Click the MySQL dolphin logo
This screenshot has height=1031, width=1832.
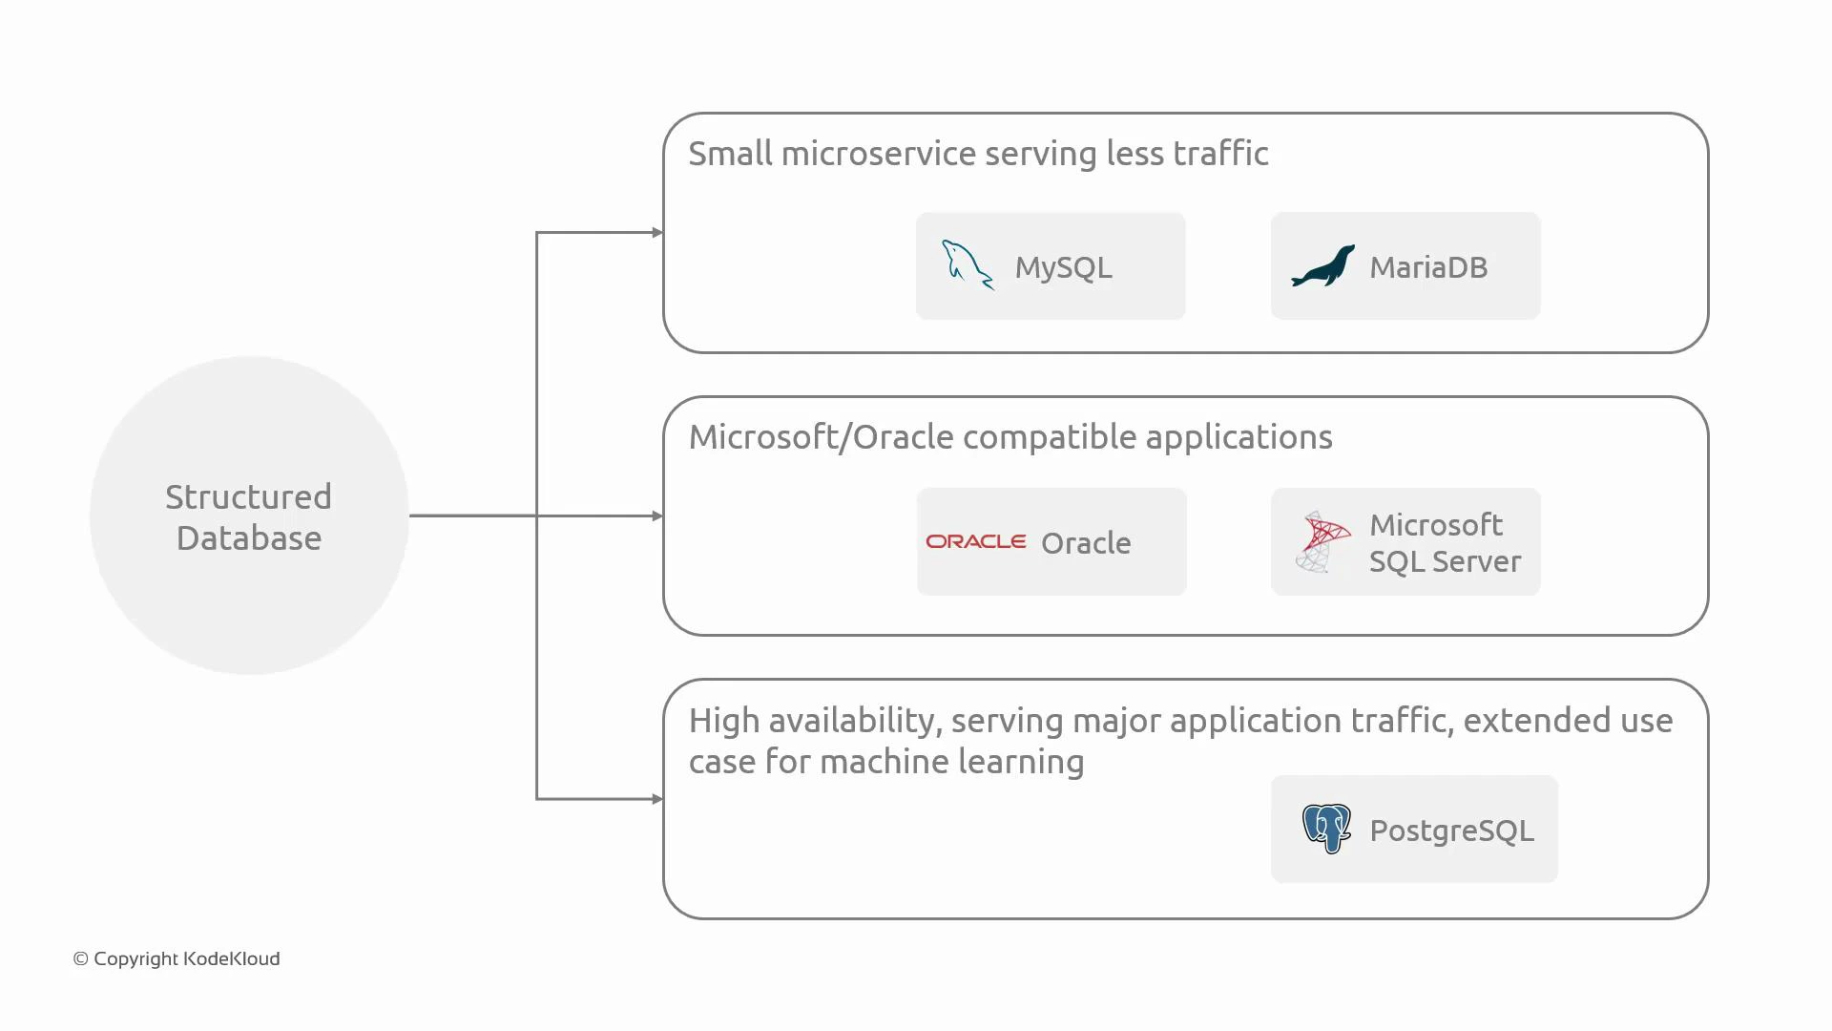pyautogui.click(x=968, y=264)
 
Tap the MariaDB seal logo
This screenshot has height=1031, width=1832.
pyautogui.click(x=1322, y=266)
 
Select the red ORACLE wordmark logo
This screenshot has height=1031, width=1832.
pyautogui.click(x=975, y=541)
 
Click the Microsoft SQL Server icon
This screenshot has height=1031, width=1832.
pyautogui.click(x=1322, y=541)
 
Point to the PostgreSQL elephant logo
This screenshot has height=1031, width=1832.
pyautogui.click(x=1326, y=828)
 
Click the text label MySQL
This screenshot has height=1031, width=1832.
pyautogui.click(x=1063, y=267)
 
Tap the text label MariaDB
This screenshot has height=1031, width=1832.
pyautogui.click(x=1427, y=267)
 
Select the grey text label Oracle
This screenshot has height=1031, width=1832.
pyautogui.click(x=1086, y=543)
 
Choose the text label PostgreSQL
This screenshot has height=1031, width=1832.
pyautogui.click(x=1451, y=831)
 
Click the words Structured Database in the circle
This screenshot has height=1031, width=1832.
pyautogui.click(x=249, y=516)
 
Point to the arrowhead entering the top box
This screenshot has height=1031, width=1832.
pyautogui.click(x=657, y=232)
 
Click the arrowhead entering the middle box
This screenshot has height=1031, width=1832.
pyautogui.click(x=657, y=515)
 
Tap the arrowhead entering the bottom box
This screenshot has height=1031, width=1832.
pyautogui.click(x=657, y=799)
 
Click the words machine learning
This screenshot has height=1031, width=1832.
pyautogui.click(x=951, y=762)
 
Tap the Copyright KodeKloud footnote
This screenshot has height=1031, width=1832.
pyautogui.click(x=177, y=958)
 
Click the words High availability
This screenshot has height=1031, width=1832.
pyautogui.click(x=815, y=721)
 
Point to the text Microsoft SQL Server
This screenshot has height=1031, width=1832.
pyautogui.click(x=1444, y=542)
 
